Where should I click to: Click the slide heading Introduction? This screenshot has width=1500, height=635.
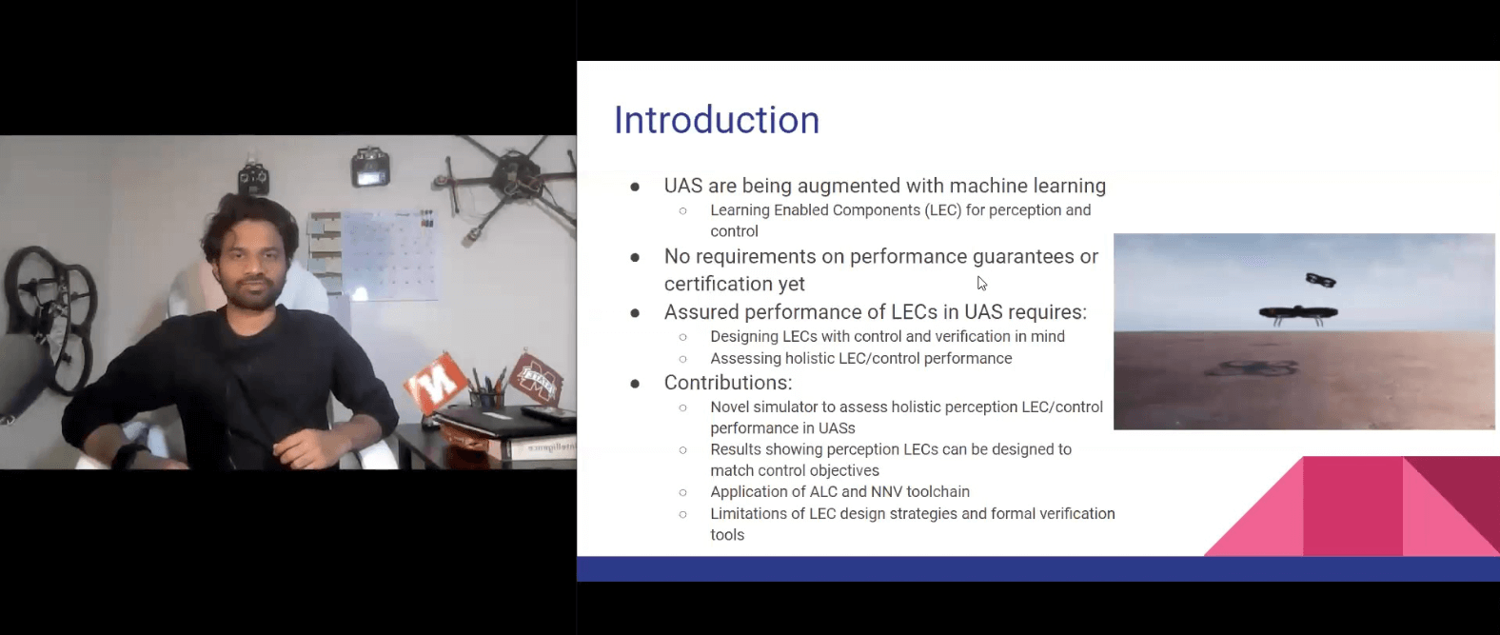[717, 120]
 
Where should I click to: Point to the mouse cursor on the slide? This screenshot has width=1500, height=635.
[981, 284]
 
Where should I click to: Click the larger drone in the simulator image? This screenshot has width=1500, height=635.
[1298, 314]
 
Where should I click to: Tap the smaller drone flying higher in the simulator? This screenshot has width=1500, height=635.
[1320, 279]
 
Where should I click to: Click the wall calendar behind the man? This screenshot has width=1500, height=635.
[389, 255]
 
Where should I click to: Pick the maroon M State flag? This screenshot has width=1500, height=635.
[536, 379]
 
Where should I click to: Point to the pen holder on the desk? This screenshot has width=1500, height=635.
[486, 400]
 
